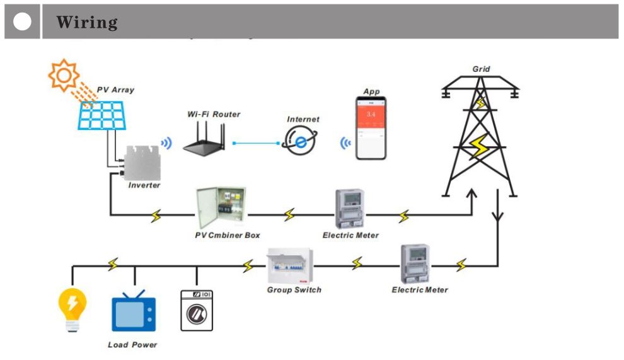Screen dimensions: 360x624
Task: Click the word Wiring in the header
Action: [x=87, y=23]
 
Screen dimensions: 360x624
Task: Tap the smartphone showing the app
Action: [x=371, y=129]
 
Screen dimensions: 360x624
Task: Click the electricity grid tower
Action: [x=480, y=139]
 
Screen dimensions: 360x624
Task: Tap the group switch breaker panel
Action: [x=291, y=265]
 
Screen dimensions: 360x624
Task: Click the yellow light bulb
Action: [x=72, y=306]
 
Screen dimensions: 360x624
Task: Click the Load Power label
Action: [x=132, y=345]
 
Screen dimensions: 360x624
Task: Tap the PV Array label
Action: [x=115, y=90]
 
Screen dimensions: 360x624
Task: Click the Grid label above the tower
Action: [x=481, y=69]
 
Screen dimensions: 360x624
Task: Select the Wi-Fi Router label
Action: [x=214, y=114]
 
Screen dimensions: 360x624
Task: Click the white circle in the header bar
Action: [x=23, y=22]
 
